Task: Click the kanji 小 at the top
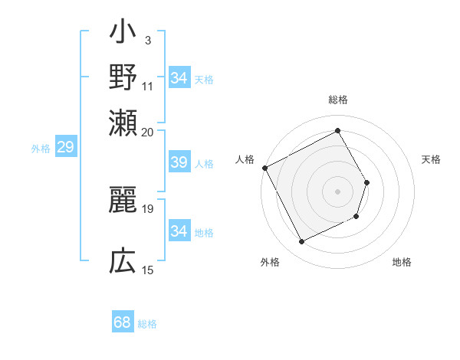click(123, 35)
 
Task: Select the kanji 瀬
click(123, 122)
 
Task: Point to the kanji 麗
click(123, 201)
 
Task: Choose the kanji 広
click(123, 262)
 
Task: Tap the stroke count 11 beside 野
click(148, 85)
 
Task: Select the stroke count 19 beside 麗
click(148, 208)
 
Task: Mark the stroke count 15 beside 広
click(148, 270)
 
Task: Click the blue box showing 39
click(179, 163)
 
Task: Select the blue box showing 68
click(122, 322)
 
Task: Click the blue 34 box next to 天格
click(179, 78)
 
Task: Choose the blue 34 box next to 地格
click(179, 231)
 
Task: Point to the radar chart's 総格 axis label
click(337, 100)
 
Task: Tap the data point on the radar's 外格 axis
click(302, 242)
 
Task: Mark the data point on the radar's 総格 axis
click(337, 129)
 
